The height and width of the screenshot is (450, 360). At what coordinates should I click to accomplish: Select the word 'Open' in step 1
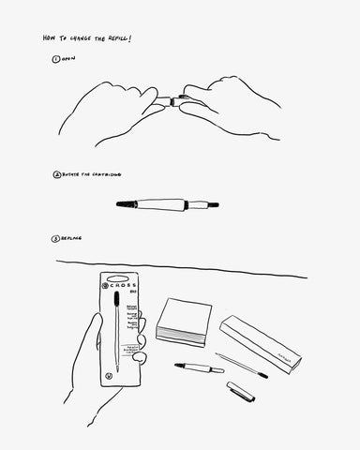69,59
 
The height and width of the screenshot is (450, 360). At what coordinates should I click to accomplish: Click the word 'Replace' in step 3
72,238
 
